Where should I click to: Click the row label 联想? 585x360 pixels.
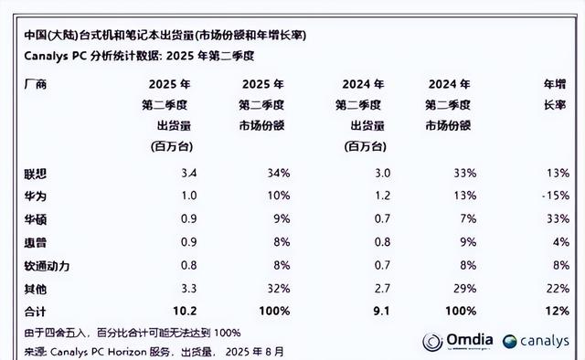click(x=36, y=173)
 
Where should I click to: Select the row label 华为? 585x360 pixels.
click(x=36, y=195)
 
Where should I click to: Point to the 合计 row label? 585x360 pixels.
click(x=36, y=311)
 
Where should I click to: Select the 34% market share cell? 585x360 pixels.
click(x=278, y=173)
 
